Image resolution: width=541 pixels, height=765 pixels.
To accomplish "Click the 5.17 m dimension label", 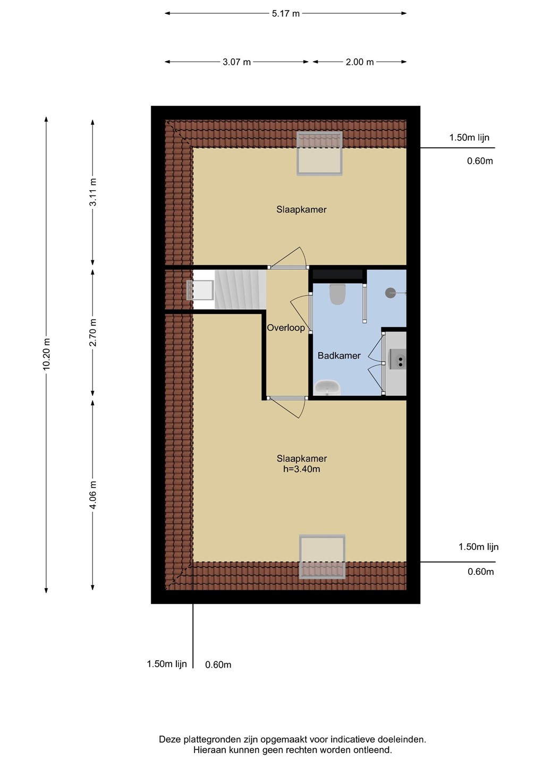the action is coord(285,14).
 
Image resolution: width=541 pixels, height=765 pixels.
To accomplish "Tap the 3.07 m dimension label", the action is coord(236,62).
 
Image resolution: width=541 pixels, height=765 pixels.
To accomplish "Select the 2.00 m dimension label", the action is coord(360,62).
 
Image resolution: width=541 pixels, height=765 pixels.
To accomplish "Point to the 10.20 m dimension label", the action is coord(46,354).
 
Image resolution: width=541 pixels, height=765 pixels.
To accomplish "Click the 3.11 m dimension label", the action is coord(93,192).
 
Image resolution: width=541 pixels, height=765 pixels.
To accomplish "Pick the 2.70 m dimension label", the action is coord(93,333).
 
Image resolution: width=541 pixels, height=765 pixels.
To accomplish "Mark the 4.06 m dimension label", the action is coord(93,495).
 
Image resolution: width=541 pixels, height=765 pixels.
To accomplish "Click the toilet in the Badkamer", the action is coord(337,294).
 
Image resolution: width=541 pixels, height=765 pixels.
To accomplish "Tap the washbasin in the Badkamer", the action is coord(327,388).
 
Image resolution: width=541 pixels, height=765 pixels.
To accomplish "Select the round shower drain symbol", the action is coord(390,293).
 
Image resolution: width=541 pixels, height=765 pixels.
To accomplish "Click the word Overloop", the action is coord(285,328).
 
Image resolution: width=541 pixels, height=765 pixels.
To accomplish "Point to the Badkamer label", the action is coord(339,355).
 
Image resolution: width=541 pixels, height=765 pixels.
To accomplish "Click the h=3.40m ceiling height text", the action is coord(301,469).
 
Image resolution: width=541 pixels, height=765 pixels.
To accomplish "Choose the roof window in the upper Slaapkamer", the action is coord(319,154).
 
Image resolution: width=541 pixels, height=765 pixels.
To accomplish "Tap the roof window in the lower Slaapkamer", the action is coord(322,557).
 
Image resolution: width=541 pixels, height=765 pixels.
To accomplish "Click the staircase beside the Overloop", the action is coord(240,290).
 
